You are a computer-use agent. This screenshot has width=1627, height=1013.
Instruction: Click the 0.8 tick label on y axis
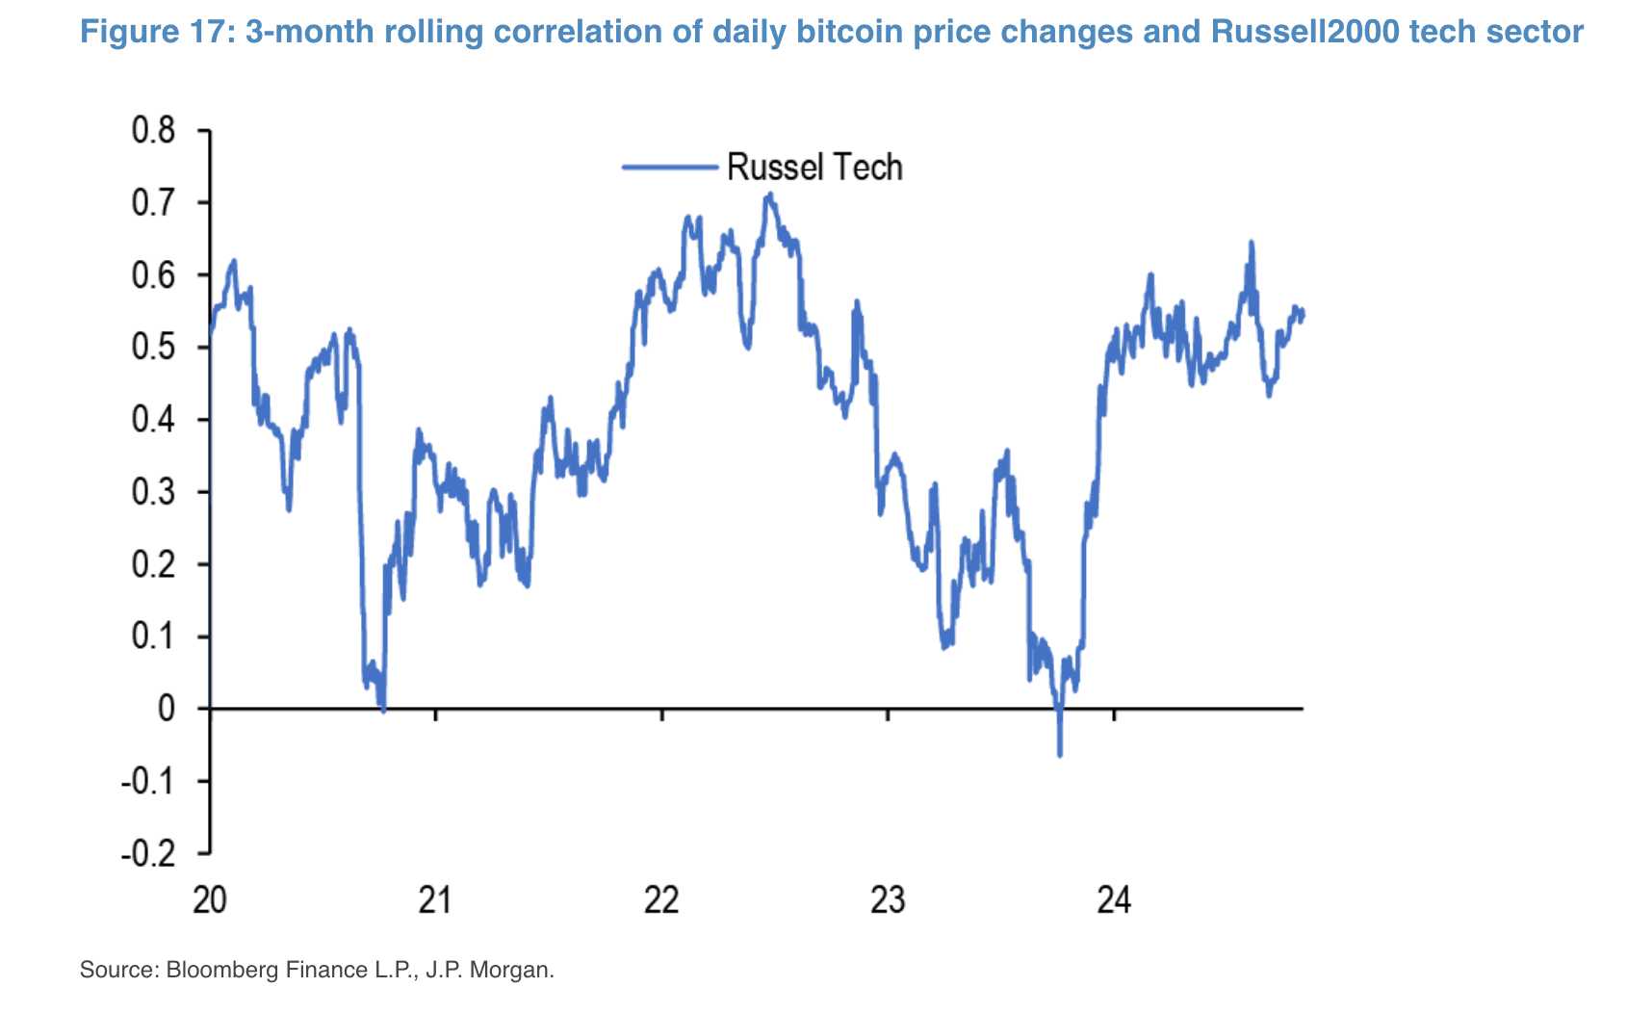click(154, 131)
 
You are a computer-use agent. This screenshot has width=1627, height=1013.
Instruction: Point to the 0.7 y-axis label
click(154, 203)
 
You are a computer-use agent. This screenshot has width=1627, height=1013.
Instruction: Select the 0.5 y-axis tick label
click(154, 348)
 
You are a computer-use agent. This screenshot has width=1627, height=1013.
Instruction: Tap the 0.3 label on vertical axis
click(154, 492)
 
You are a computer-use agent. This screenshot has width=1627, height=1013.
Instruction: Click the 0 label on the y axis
click(167, 710)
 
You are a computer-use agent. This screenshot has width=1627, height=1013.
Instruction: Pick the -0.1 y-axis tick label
click(148, 782)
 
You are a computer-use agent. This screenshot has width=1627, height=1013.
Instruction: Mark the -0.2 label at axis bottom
click(148, 854)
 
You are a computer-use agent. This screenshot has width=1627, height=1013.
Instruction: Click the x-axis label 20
click(209, 900)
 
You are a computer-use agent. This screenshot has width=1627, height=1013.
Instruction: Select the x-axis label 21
click(435, 900)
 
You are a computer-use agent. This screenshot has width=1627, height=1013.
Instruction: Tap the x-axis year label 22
click(661, 900)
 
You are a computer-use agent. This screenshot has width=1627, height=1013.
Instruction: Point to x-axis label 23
click(888, 900)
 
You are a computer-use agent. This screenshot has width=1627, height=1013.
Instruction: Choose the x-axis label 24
click(1114, 900)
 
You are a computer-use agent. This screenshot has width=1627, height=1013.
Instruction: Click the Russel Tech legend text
click(814, 168)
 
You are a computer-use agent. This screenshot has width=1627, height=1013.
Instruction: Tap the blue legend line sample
click(670, 168)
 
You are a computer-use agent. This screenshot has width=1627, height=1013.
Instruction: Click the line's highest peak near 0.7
click(768, 195)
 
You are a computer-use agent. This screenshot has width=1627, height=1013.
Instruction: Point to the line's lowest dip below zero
click(1060, 754)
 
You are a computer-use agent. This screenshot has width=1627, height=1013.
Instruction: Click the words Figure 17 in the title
click(157, 32)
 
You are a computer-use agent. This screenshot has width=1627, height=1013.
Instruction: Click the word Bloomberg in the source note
click(224, 970)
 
